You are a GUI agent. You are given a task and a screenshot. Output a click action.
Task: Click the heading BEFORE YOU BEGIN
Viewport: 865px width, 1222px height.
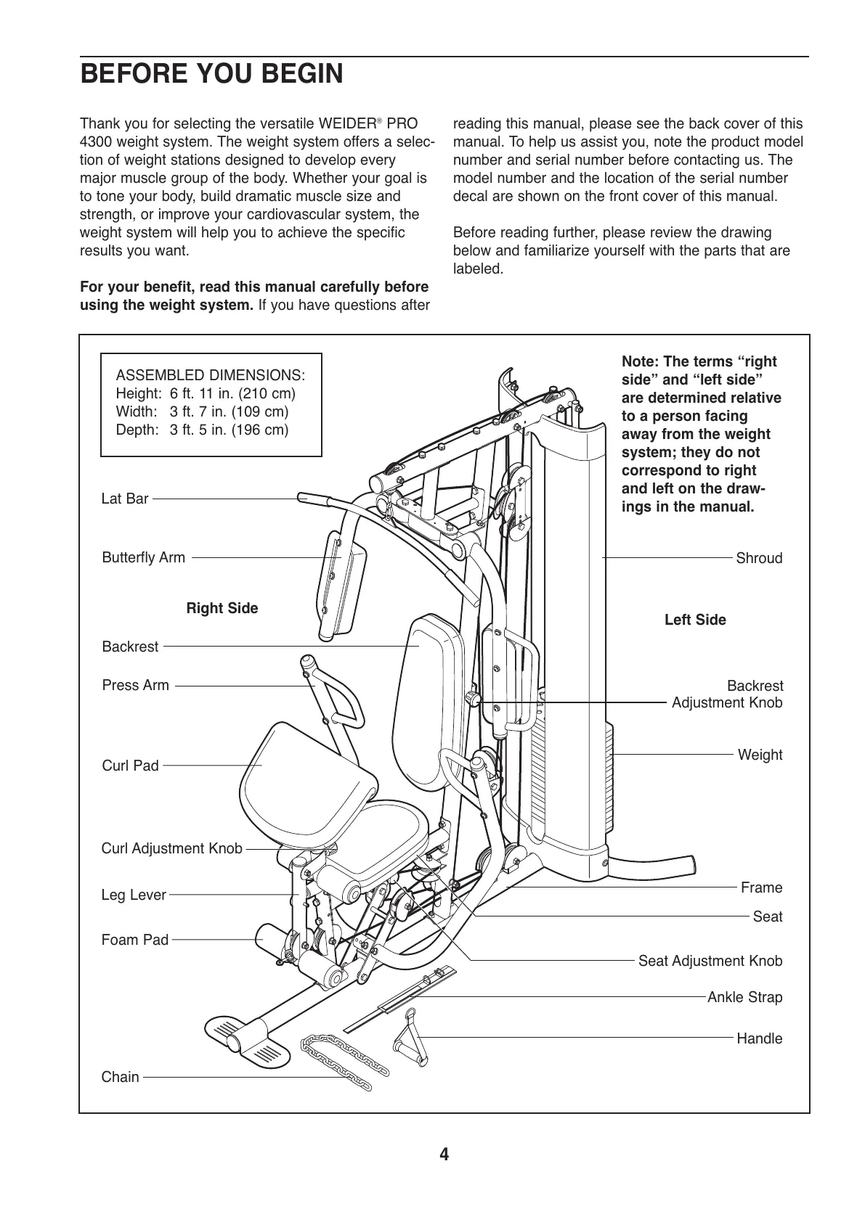point(211,75)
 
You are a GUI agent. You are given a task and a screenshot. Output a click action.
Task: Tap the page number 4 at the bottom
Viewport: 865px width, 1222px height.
point(444,1155)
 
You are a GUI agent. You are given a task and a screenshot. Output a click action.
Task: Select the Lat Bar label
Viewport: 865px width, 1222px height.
point(125,499)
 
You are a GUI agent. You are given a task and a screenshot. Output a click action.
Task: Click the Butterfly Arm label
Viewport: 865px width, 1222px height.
point(144,557)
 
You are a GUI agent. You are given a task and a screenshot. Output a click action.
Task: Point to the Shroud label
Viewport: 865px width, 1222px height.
point(759,558)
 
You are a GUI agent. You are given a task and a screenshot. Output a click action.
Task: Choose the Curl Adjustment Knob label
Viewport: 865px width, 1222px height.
point(171,848)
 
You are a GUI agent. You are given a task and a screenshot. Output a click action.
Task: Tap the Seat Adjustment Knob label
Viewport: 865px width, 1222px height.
point(710,961)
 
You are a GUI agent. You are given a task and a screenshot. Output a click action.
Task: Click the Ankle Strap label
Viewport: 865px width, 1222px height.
point(744,997)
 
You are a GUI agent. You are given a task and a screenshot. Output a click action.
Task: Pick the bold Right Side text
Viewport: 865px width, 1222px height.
point(222,608)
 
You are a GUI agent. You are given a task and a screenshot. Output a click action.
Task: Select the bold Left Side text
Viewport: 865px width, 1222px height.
point(695,620)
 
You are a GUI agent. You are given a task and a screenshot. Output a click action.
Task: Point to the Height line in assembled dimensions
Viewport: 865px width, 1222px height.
point(206,393)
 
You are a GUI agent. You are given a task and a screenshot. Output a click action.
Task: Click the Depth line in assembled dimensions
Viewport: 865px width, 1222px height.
point(202,430)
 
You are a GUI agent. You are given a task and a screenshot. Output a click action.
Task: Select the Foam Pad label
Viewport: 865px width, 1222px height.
point(135,940)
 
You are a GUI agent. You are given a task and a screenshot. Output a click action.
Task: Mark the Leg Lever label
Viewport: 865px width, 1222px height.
point(134,895)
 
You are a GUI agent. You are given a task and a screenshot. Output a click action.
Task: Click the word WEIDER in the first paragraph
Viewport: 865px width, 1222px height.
point(350,124)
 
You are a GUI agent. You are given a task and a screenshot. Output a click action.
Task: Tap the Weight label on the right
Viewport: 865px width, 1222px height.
point(760,755)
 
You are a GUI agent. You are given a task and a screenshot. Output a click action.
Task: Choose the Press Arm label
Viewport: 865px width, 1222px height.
point(136,685)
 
